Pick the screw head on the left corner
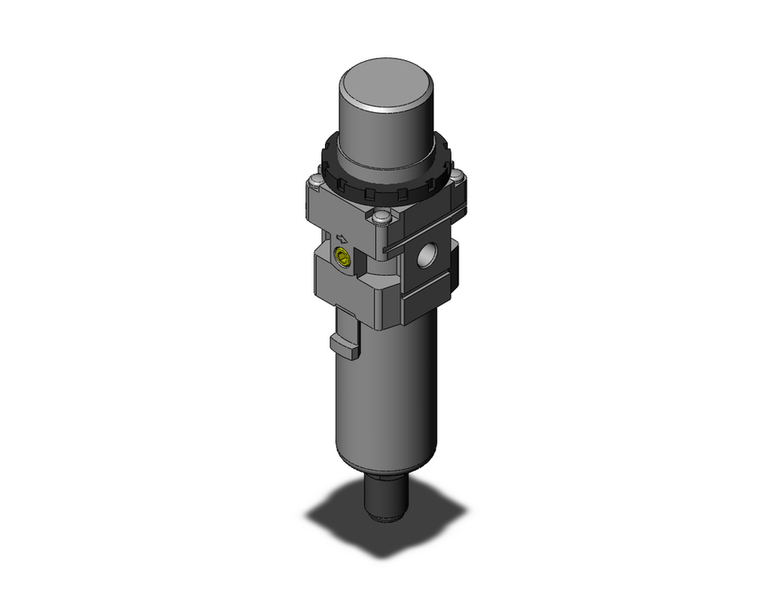[313, 182]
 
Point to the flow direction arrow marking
[340, 238]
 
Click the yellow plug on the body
[340, 259]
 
